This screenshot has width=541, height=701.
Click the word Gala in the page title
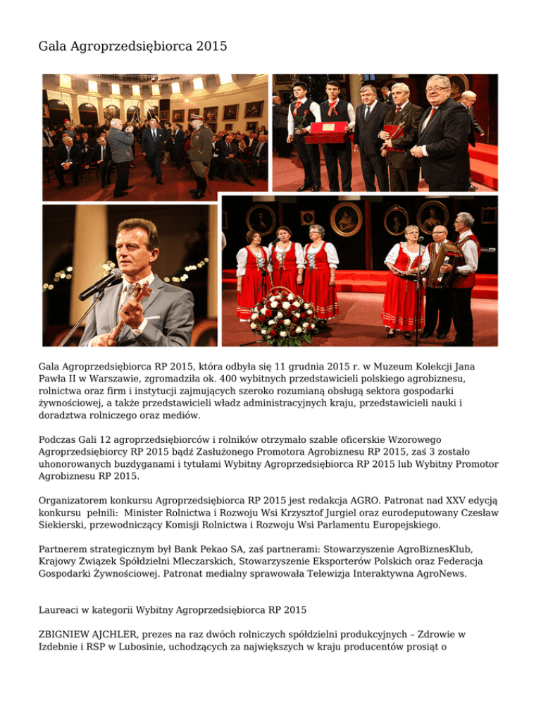53,47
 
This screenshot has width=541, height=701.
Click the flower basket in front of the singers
283,318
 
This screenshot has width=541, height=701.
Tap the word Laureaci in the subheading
61,606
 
